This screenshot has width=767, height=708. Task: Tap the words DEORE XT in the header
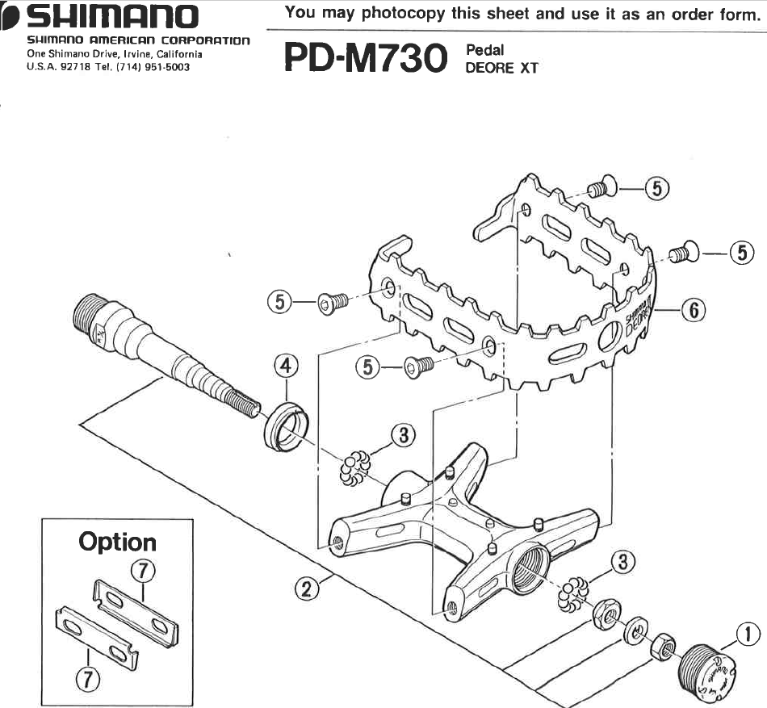(x=501, y=69)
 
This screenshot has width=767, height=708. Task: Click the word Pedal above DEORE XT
(x=484, y=51)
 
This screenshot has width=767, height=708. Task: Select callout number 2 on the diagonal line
(x=305, y=589)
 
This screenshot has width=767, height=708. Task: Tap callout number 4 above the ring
(x=283, y=367)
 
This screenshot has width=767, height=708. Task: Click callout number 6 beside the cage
(x=693, y=309)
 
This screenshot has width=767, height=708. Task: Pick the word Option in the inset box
(x=117, y=542)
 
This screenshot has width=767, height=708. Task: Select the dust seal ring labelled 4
(x=286, y=423)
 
